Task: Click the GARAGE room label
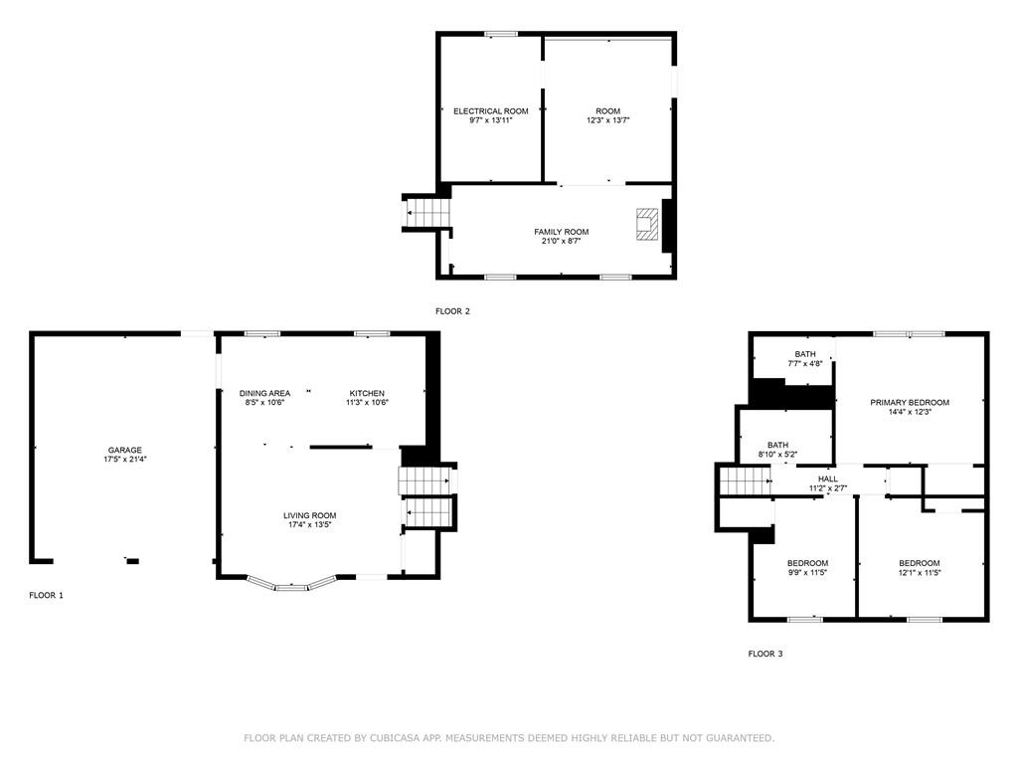[x=124, y=450]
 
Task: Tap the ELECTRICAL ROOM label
[x=491, y=111]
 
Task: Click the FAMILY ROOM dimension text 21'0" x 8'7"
[x=562, y=241]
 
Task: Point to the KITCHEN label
[x=367, y=393]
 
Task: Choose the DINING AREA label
[x=264, y=393]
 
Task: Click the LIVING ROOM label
[x=310, y=515]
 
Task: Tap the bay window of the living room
[x=290, y=584]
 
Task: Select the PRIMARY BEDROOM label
[x=910, y=402]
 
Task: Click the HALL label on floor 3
[x=828, y=478]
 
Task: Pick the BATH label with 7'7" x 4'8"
[x=805, y=354]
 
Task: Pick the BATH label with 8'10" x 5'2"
[x=777, y=445]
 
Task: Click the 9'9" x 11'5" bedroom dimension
[x=807, y=572]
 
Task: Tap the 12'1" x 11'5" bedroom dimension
[x=920, y=572]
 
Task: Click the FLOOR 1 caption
[x=46, y=595]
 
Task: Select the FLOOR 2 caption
[x=452, y=311]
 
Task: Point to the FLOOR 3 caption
[x=765, y=654]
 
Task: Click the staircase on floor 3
[x=745, y=481]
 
